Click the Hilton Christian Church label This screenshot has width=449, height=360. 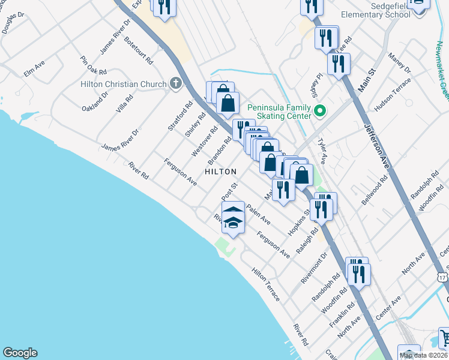point(124,84)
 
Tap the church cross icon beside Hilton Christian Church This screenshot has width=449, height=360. point(175,83)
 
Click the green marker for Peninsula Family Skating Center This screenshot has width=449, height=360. point(320,111)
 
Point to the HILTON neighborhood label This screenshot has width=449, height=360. point(221,172)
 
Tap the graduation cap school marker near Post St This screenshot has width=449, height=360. point(233,223)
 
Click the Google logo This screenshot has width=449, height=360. point(20,353)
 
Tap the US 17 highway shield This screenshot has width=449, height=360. point(442,277)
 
